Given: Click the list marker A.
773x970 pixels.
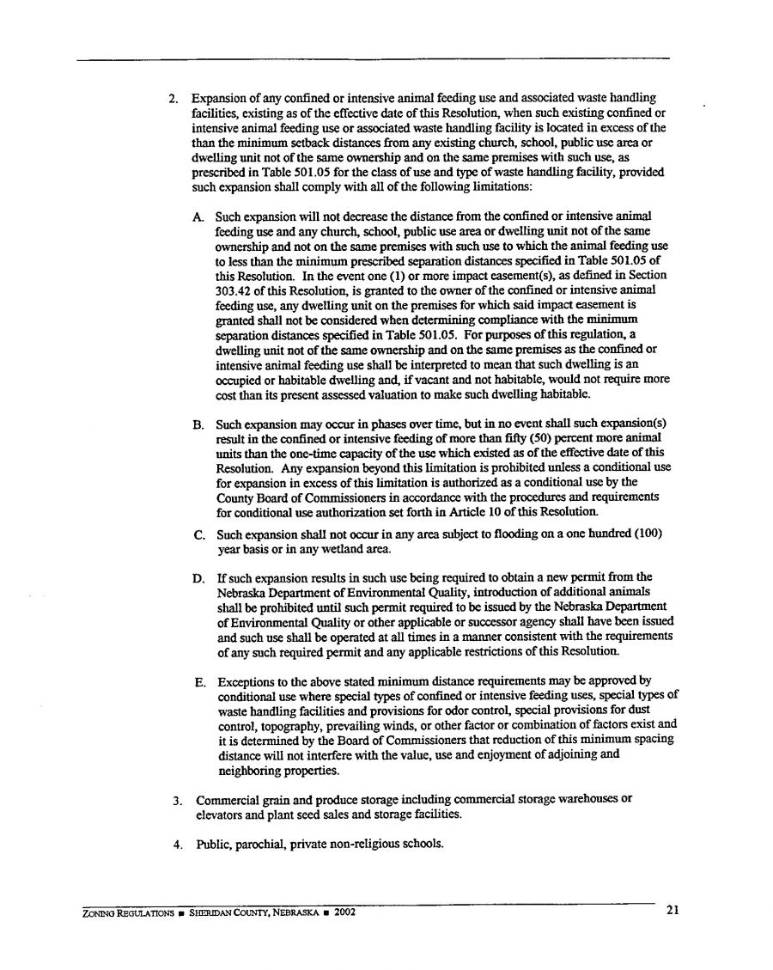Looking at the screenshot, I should (199, 216).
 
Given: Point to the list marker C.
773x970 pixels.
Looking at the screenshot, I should (199, 534).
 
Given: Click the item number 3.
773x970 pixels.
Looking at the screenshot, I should (177, 799).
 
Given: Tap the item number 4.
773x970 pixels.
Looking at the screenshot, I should (177, 844).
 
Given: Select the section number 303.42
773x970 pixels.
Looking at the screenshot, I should (234, 290).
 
